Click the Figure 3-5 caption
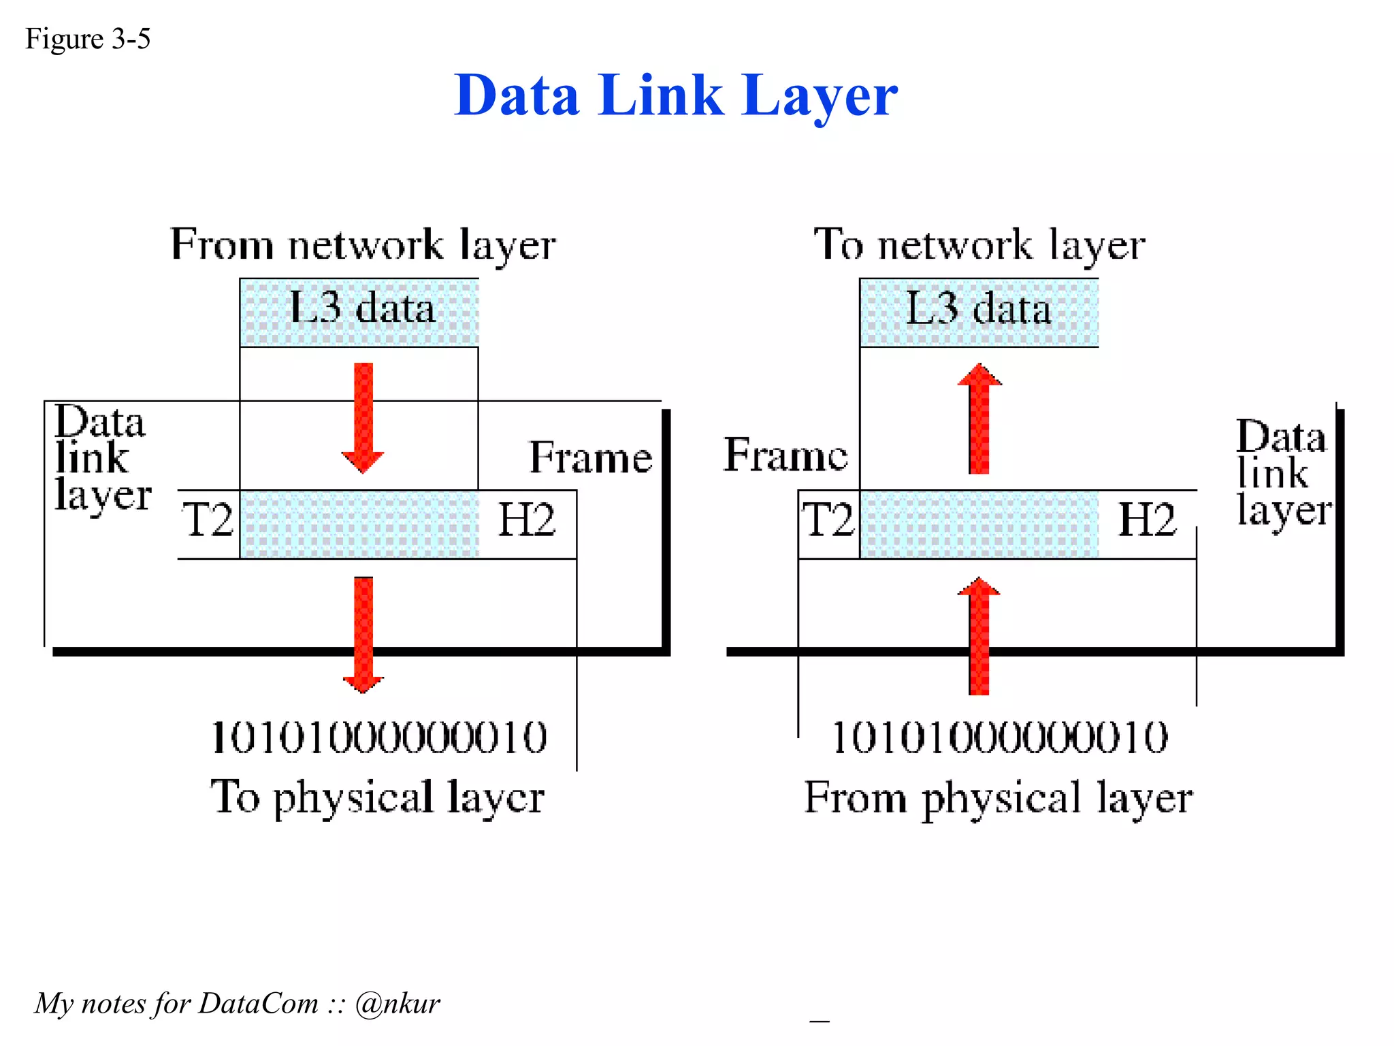pyautogui.click(x=88, y=39)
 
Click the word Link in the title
pyautogui.click(x=660, y=95)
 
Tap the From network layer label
pyautogui.click(x=363, y=244)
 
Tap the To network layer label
pyautogui.click(x=979, y=244)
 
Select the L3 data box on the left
pyautogui.click(x=359, y=312)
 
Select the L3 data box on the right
pyautogui.click(x=979, y=312)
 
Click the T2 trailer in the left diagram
pyautogui.click(x=208, y=520)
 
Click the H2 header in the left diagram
pyautogui.click(x=526, y=520)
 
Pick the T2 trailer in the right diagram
pyautogui.click(x=828, y=520)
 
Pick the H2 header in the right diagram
pyautogui.click(x=1147, y=520)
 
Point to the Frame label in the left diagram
pyautogui.click(x=590, y=457)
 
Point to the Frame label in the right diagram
pyautogui.click(x=785, y=455)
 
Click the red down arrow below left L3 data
pyautogui.click(x=363, y=417)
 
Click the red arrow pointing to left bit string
pyautogui.click(x=363, y=633)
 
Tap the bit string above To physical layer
pyautogui.click(x=379, y=738)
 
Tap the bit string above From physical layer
pyautogui.click(x=1000, y=738)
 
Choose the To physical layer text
pyautogui.click(x=377, y=797)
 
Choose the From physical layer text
pyautogui.click(x=998, y=797)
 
